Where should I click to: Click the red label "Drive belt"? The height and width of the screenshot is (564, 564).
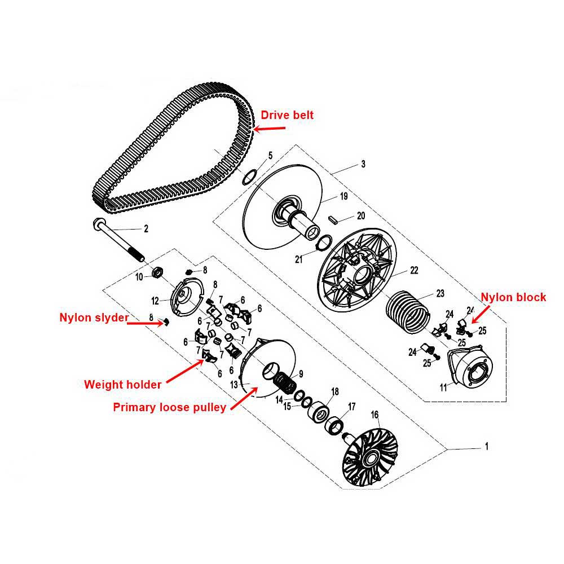point(287,115)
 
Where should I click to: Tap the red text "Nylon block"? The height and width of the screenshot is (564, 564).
point(513,297)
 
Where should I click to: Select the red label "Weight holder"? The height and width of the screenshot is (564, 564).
point(123,385)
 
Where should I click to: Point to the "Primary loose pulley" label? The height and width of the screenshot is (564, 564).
point(169,407)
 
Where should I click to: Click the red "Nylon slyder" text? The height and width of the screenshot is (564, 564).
point(94,318)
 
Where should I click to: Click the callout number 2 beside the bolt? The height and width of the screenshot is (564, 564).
point(146,228)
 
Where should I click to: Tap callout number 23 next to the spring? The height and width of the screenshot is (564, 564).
point(440,293)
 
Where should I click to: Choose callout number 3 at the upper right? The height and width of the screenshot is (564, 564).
point(363,165)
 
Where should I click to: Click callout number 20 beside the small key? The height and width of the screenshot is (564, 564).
point(361,216)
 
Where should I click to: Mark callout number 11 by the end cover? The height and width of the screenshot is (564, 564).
point(443,387)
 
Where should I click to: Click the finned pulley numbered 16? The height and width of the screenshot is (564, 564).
point(369,457)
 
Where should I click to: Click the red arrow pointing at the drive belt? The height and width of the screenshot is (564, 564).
point(270,129)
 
